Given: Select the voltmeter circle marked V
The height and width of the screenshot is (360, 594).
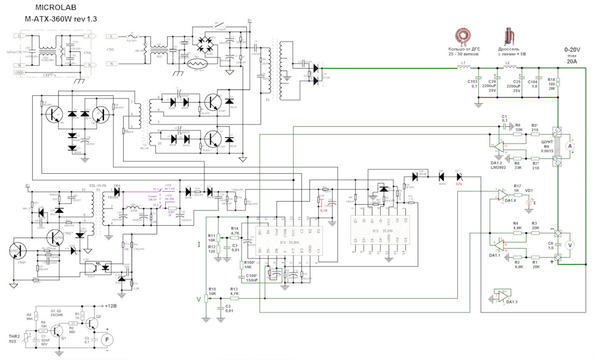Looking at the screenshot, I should tap(571, 245).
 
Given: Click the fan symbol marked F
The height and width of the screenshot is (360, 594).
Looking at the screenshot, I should tap(106, 339).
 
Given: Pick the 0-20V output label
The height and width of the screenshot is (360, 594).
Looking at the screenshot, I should tap(573, 49).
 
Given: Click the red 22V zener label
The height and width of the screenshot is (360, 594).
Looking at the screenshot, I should tap(458, 184).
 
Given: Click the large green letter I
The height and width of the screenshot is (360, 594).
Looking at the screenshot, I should tap(199, 246).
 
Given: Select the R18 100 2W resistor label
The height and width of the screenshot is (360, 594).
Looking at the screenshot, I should tap(551, 84).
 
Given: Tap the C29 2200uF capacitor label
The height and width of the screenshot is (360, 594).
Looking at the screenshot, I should tap(493, 86).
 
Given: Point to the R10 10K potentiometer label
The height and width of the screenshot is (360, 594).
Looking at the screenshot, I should tap(212, 291).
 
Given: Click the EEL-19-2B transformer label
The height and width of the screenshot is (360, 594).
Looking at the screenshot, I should tap(102, 185).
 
